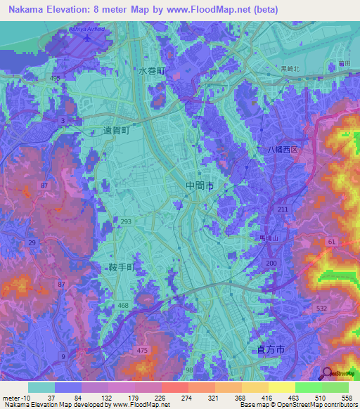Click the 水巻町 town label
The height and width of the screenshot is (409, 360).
150,72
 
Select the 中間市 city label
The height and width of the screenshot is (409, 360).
200,186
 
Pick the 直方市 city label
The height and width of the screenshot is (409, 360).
266,349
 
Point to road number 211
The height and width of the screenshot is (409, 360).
283,209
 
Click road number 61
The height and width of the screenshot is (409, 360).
330,242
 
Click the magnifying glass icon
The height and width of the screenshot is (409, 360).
326,373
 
